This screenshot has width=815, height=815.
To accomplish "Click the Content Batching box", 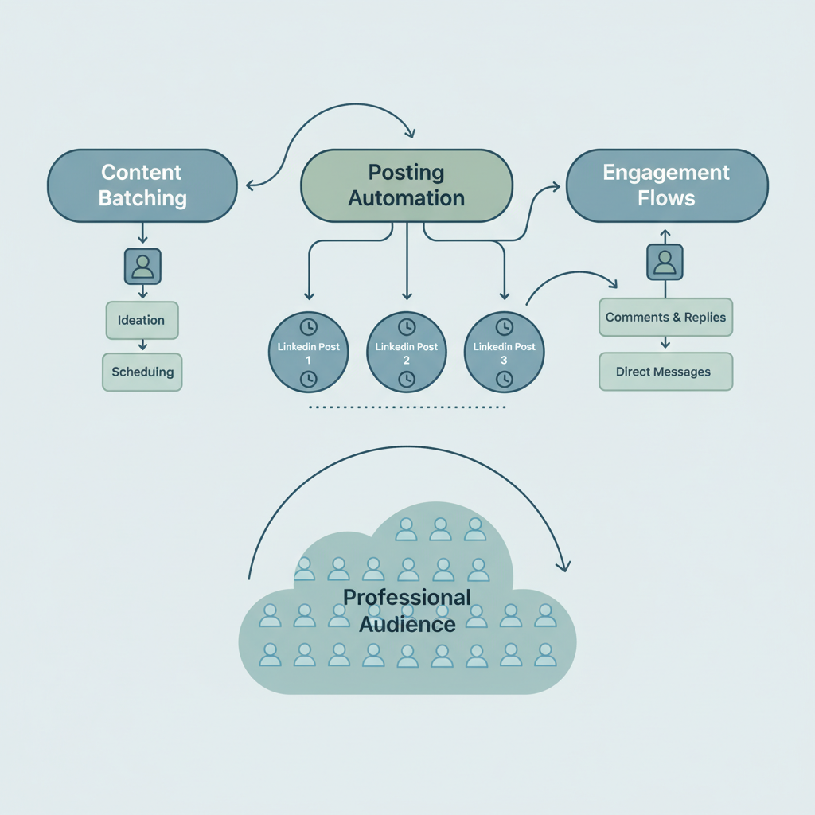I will [142, 185].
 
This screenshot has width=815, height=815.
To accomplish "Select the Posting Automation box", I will [406, 185].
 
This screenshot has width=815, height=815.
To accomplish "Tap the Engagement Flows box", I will [666, 185].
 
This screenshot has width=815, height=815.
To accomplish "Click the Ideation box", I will [142, 320].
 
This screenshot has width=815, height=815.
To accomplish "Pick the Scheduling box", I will [142, 372].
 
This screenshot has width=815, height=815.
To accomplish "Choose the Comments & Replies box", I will [665, 317].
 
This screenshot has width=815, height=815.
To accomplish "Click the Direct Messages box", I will [665, 372].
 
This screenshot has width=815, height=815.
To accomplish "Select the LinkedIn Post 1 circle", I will [308, 353].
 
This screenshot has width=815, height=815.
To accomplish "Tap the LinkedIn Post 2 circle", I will [406, 353].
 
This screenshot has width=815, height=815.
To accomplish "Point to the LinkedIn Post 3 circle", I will [504, 353].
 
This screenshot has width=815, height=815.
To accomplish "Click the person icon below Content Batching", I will [142, 266].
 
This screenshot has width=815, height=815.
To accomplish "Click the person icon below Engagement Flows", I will [665, 261].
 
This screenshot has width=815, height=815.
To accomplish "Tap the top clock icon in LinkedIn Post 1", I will [308, 326].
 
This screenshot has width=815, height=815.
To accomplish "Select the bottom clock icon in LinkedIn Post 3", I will [504, 380].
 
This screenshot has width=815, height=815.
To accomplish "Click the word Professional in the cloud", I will [407, 598].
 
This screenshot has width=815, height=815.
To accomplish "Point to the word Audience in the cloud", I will [407, 623].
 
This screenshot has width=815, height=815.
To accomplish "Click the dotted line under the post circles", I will [406, 407].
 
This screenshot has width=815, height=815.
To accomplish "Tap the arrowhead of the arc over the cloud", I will [564, 567].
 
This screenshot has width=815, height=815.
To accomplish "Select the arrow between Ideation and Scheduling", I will [142, 346].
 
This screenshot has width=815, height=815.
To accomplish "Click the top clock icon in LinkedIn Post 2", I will [406, 326].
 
